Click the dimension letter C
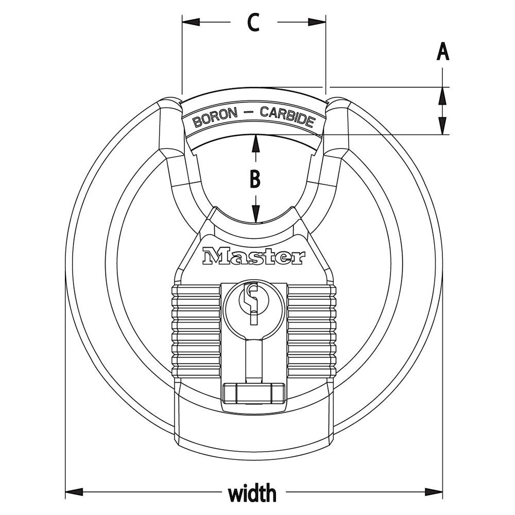pos(253,23)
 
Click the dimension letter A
pos(443,52)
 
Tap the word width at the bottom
pos(252,493)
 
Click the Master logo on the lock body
pos(254,256)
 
